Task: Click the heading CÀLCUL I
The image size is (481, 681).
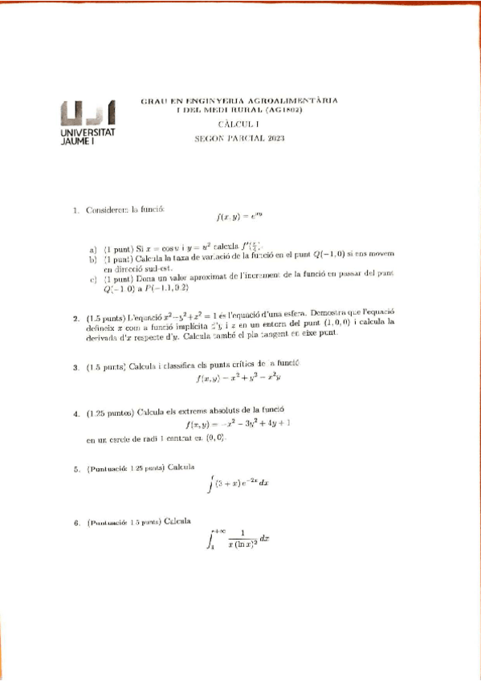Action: coord(239,124)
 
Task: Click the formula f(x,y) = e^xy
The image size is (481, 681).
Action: coord(240,216)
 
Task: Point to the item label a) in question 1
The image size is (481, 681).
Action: coord(93,249)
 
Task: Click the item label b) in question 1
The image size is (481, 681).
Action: coord(93,259)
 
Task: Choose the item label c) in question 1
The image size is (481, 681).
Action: coord(93,280)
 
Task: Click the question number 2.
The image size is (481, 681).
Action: coord(75,317)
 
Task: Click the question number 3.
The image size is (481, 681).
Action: coord(75,368)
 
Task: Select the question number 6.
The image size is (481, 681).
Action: coord(75,523)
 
